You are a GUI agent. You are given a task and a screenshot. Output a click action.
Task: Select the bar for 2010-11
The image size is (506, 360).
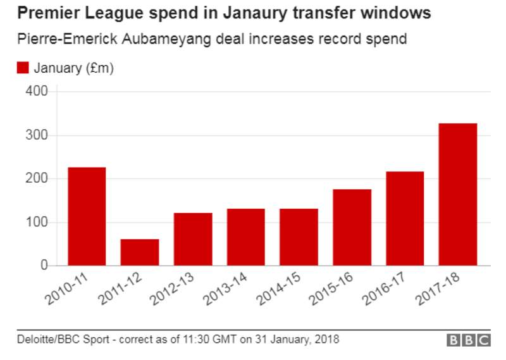point(87,216)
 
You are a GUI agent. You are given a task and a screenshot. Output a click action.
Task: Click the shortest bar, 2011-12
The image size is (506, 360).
point(140,252)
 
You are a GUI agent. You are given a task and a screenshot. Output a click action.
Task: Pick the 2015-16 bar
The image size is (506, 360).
point(352,227)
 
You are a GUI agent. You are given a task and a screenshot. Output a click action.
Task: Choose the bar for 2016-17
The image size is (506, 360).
point(405,218)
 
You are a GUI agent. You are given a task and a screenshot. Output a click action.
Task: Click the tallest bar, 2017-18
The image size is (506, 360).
point(458,194)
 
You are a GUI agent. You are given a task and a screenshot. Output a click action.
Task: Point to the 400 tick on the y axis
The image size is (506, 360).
point(37,92)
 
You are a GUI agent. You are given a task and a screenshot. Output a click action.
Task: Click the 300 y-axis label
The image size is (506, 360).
point(37,135)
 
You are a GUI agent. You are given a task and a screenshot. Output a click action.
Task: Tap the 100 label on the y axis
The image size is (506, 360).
point(37,223)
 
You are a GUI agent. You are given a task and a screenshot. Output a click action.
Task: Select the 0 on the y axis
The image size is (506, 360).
point(44,266)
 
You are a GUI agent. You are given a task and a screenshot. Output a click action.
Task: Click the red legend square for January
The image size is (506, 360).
point(23,68)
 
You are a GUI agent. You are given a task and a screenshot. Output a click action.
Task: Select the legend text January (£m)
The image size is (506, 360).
point(73,68)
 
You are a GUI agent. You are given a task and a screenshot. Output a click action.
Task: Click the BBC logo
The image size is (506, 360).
point(469,340)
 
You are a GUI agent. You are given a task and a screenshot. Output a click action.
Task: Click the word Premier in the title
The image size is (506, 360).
point(42,13)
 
